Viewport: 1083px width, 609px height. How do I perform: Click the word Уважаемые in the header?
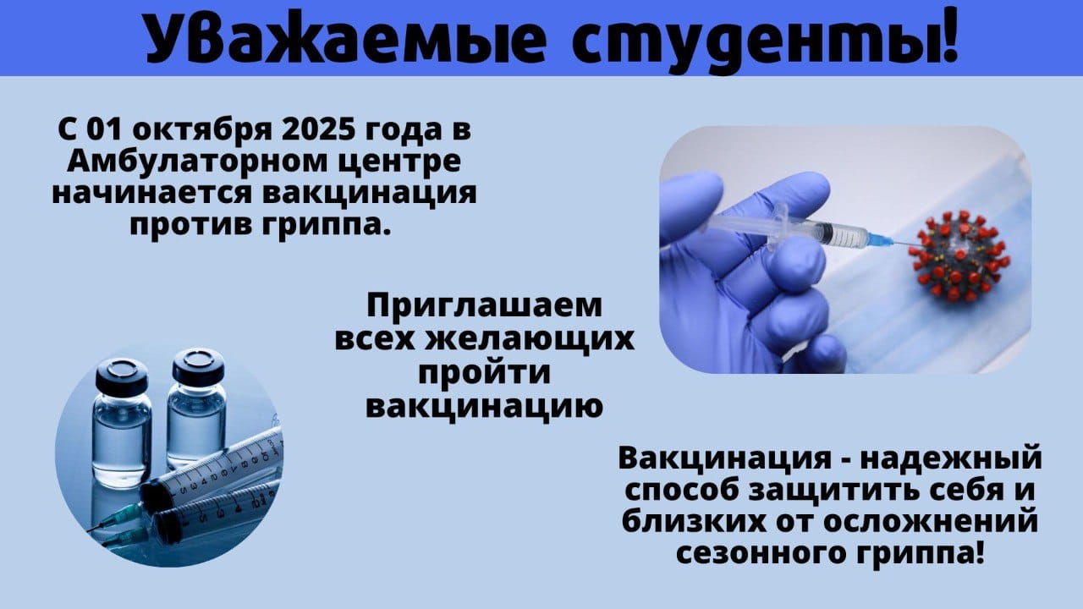(346, 39)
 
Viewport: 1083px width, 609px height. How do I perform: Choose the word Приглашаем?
(485, 307)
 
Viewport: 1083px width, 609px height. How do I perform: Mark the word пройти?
(485, 373)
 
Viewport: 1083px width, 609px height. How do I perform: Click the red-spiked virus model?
(959, 256)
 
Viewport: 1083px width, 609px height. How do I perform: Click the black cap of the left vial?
(122, 376)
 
